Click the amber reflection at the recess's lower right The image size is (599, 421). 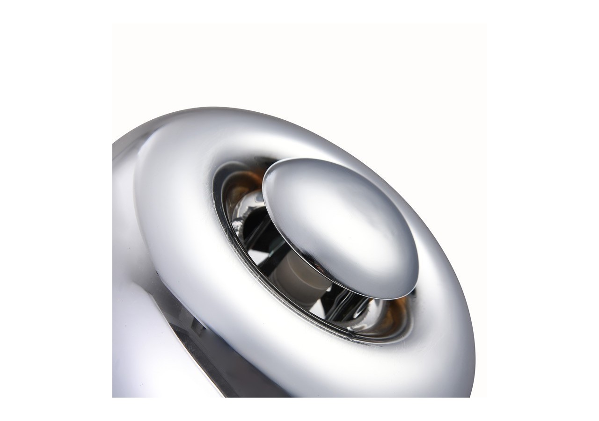[398, 311]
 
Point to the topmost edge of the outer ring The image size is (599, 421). [262, 110]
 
